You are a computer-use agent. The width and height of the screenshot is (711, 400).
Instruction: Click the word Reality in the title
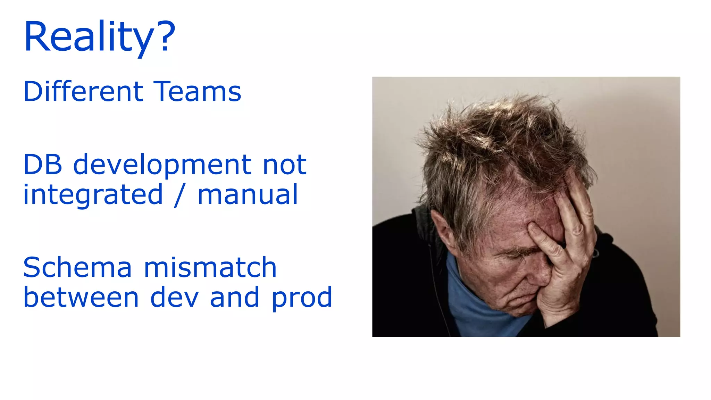click(x=89, y=36)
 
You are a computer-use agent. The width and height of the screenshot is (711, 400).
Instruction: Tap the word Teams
click(x=197, y=92)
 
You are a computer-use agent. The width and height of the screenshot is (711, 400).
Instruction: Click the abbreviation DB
click(x=43, y=165)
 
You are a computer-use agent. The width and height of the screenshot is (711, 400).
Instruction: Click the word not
click(x=285, y=165)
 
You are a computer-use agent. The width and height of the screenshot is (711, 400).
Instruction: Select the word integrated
click(x=93, y=195)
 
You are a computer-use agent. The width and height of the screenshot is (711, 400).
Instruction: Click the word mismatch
click(x=210, y=267)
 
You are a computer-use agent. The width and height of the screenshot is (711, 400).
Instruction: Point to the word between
click(x=81, y=297)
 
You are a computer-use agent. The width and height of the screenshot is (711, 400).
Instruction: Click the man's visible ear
click(x=443, y=229)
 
